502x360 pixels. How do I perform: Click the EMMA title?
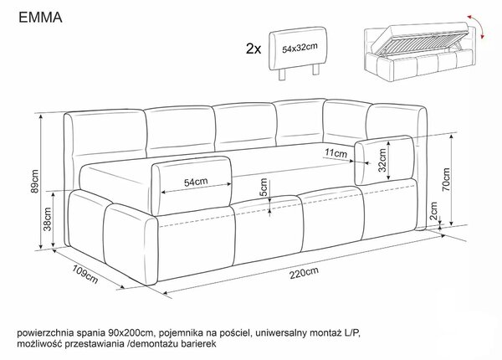(x=40, y=18)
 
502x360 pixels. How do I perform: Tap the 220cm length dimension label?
(x=305, y=273)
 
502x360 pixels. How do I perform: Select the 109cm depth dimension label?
(x=85, y=274)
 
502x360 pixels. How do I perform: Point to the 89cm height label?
(x=35, y=182)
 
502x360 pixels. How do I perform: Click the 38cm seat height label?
(x=48, y=219)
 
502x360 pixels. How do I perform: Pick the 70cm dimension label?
(x=446, y=180)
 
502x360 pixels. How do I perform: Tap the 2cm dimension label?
(x=433, y=211)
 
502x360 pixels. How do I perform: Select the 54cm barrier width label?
(x=196, y=183)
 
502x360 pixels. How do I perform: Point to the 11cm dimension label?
(x=336, y=153)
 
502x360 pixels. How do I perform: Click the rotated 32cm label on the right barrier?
(x=382, y=161)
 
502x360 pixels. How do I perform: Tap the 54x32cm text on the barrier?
(x=300, y=48)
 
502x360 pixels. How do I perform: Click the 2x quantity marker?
(x=254, y=49)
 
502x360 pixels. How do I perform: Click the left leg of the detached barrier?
(x=282, y=75)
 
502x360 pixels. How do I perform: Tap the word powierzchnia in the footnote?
(x=45, y=333)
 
